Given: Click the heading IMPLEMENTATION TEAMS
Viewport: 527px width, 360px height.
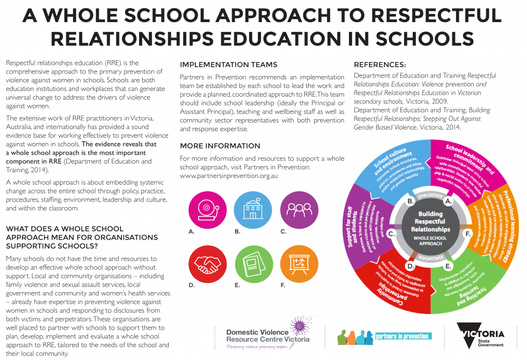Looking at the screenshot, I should (x=229, y=65).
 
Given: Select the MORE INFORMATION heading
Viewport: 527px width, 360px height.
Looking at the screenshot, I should (x=220, y=146).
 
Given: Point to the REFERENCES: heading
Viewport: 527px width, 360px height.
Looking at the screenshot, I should (x=380, y=65).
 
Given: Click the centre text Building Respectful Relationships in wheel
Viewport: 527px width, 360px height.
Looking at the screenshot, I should (x=430, y=222).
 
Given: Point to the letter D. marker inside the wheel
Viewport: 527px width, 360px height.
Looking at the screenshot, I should (x=411, y=266).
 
